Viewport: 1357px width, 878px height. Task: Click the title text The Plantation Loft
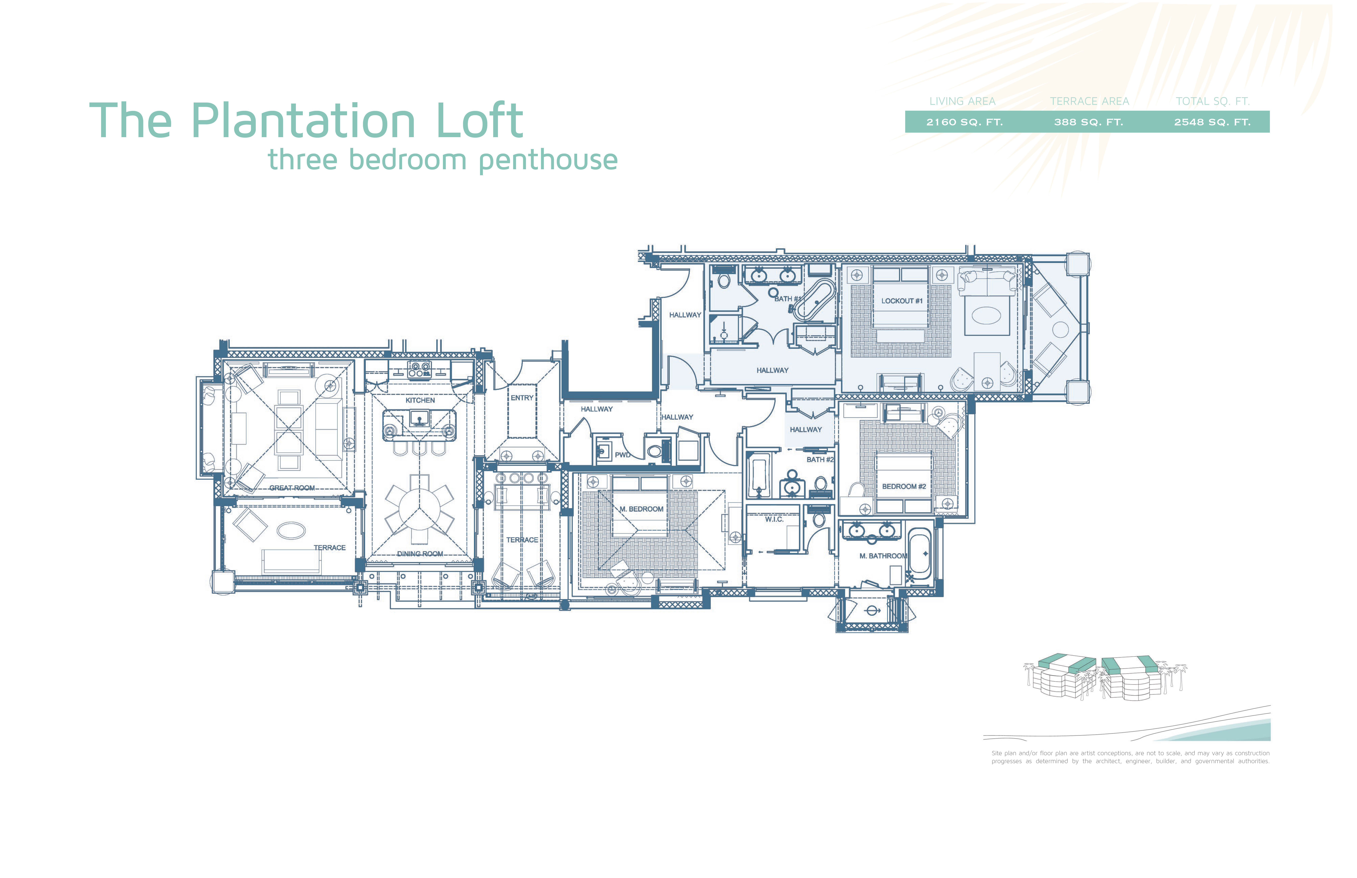[x=306, y=121]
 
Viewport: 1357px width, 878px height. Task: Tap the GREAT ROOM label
[x=292, y=488]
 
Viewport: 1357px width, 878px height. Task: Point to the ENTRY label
[x=522, y=398]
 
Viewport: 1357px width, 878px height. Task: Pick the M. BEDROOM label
[x=641, y=509]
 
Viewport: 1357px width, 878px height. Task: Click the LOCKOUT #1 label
[x=901, y=301]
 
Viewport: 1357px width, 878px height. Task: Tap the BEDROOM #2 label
[x=904, y=486]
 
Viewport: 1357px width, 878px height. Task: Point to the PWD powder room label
[x=622, y=455]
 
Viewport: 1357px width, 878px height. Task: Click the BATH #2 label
[x=819, y=459]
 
